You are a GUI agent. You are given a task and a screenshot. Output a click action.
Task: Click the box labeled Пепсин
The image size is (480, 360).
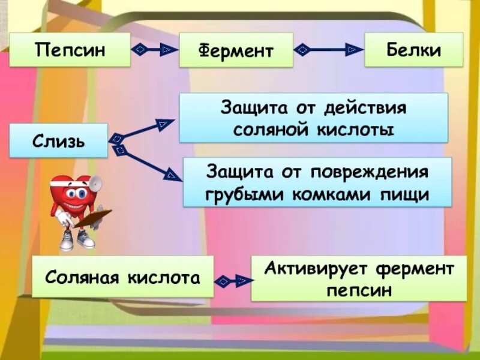point(70,49)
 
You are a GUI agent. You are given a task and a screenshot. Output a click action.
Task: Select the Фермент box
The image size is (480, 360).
point(236,50)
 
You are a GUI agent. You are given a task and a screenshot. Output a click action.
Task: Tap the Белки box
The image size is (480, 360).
point(413,49)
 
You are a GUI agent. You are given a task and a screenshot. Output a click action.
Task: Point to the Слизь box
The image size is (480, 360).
point(59,141)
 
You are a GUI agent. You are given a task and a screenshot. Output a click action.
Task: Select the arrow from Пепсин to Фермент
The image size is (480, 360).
point(155,49)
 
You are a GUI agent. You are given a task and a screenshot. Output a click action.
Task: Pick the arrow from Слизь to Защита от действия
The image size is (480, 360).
point(141,131)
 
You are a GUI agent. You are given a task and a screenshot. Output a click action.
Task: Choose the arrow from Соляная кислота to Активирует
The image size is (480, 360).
point(232,280)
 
